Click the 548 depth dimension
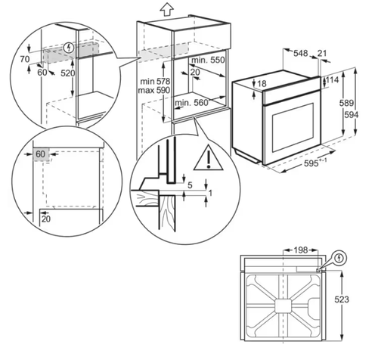[x=299, y=53]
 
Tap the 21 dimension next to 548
[x=324, y=53]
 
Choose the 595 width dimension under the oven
[x=306, y=163]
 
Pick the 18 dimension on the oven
[x=262, y=83]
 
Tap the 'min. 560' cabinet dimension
[x=192, y=103]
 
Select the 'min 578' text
[x=153, y=79]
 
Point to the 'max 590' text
[x=153, y=90]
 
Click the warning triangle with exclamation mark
[x=203, y=159]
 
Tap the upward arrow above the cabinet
[x=167, y=10]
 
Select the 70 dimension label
[x=25, y=57]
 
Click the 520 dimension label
[x=67, y=73]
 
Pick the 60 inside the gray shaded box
[x=40, y=154]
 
